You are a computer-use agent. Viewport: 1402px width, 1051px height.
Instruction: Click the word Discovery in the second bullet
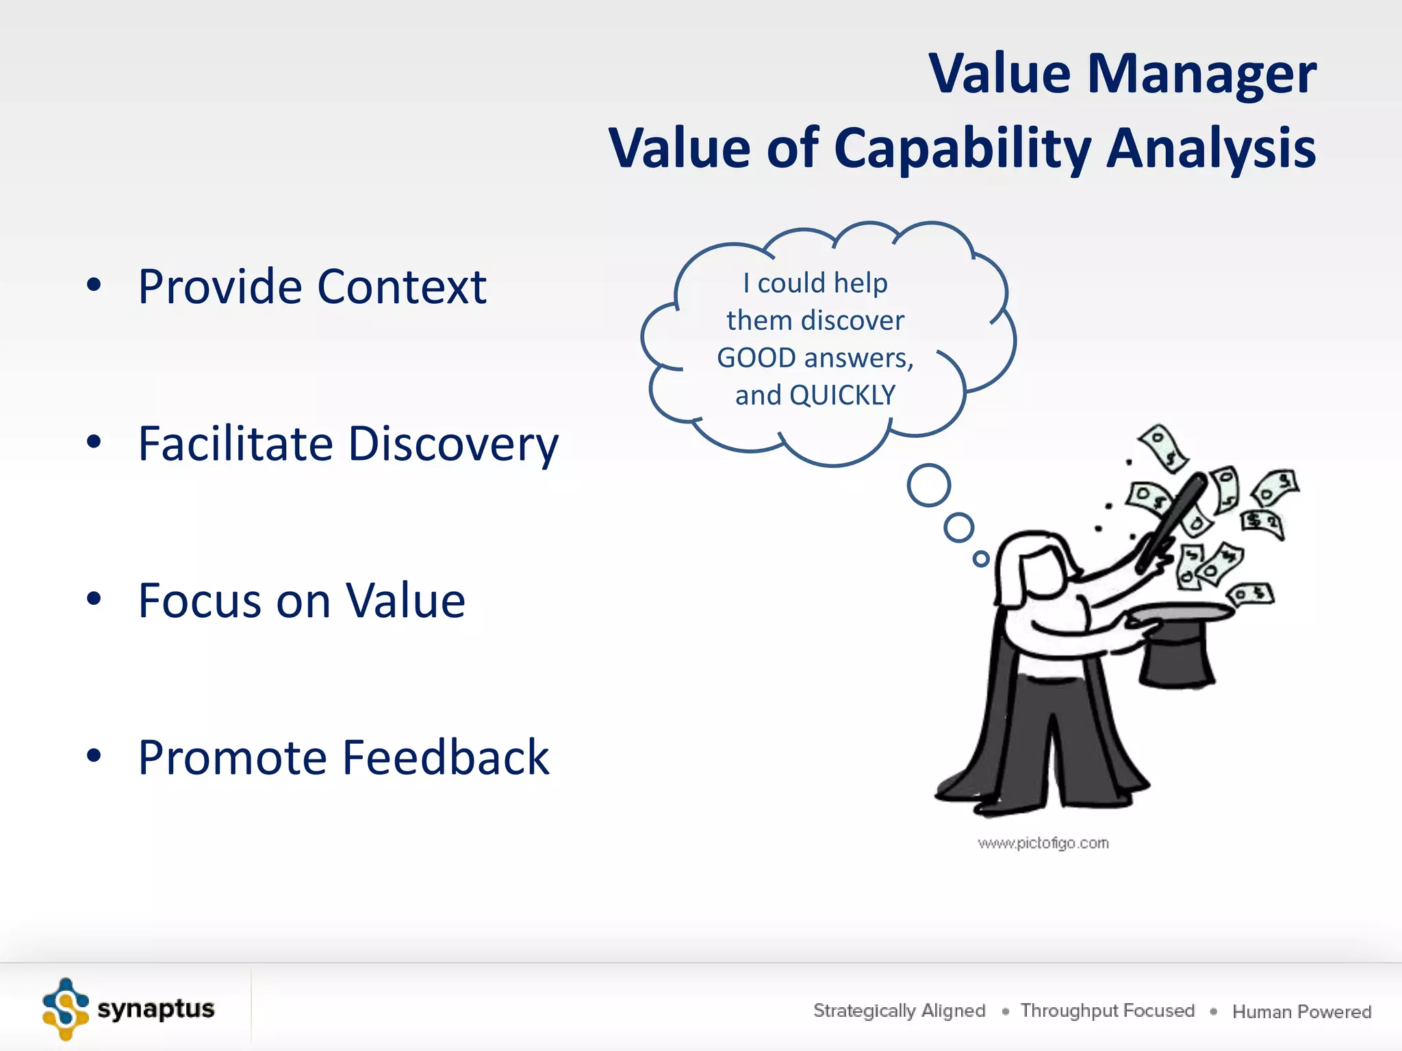[x=453, y=445]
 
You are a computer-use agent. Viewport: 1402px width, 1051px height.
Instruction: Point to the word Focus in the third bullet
[x=199, y=601]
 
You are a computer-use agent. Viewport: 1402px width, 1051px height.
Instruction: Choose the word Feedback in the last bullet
[x=446, y=757]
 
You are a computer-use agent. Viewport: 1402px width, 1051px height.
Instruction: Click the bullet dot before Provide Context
[x=94, y=285]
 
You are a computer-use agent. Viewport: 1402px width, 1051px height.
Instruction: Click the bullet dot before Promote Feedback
[x=94, y=756]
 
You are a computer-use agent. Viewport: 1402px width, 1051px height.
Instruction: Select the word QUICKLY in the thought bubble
[x=842, y=395]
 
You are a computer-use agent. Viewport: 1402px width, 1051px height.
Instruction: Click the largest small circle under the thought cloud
[x=929, y=485]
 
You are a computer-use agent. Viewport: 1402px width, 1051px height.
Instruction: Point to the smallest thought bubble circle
[x=981, y=559]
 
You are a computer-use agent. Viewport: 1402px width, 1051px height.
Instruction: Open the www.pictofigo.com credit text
[x=1043, y=843]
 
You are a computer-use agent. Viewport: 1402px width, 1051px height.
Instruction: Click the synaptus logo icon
[x=66, y=1009]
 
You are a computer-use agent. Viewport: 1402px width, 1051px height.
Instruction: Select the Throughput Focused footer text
[x=1107, y=1011]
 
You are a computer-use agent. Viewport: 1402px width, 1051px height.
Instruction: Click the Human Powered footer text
[x=1301, y=1011]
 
